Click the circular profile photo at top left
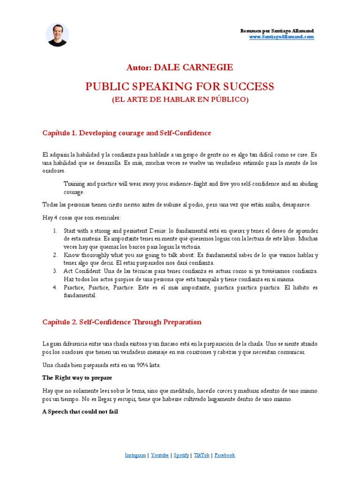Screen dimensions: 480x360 click(58, 35)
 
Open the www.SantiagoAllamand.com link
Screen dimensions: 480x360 click(281, 37)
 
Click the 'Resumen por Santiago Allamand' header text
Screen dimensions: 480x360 click(277, 31)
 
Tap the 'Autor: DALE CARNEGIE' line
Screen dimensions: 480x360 click(180, 67)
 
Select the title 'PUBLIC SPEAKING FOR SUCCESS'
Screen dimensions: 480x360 click(180, 87)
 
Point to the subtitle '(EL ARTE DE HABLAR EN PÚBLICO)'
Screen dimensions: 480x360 click(180, 99)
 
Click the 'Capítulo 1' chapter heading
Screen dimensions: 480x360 click(127, 133)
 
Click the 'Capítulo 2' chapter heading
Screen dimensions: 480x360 click(122, 322)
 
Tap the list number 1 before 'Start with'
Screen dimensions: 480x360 click(55, 231)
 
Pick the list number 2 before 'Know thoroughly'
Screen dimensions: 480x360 click(55, 255)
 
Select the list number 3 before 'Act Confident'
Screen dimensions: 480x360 click(55, 271)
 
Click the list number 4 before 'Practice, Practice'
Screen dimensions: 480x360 click(55, 287)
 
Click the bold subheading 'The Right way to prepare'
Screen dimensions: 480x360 click(77, 377)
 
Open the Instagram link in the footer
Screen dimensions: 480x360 click(135, 455)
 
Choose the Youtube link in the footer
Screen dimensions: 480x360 click(160, 455)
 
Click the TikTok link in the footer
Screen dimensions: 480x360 click(202, 455)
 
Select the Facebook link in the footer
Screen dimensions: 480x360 click(225, 455)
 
